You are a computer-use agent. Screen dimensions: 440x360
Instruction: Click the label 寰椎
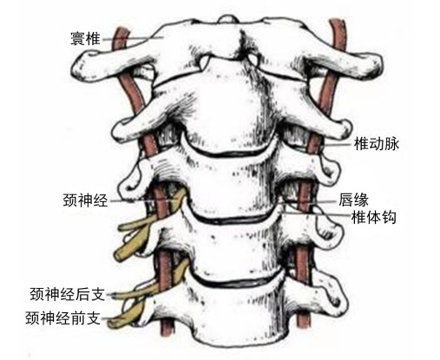(x=85, y=39)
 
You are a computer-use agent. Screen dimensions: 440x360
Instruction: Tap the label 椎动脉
(x=377, y=144)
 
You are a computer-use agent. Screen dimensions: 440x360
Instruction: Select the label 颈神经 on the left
(x=85, y=200)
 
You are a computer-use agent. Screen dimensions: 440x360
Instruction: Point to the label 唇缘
(x=353, y=200)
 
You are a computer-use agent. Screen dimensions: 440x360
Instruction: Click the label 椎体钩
(x=373, y=217)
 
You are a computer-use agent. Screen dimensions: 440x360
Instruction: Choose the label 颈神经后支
(x=67, y=294)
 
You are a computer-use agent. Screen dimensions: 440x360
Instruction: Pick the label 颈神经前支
(x=62, y=318)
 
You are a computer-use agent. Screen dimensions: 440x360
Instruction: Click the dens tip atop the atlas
(x=230, y=19)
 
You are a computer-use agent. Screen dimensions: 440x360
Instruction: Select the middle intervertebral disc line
(x=232, y=220)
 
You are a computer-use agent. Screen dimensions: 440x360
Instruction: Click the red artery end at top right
(x=338, y=21)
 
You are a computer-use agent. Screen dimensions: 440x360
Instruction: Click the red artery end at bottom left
(x=167, y=335)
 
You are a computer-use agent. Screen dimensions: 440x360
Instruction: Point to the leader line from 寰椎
(x=132, y=38)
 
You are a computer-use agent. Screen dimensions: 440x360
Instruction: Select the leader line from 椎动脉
(x=337, y=144)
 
